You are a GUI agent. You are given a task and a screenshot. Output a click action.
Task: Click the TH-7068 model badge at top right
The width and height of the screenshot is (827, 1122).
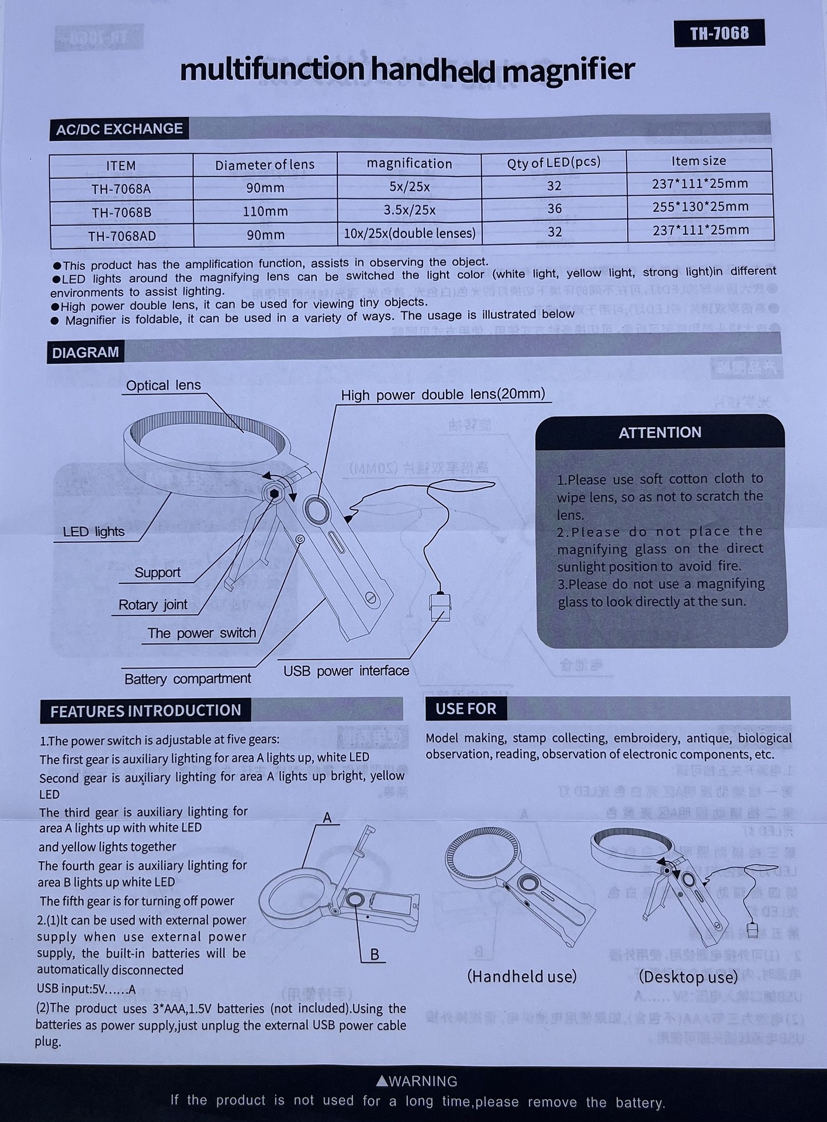719,33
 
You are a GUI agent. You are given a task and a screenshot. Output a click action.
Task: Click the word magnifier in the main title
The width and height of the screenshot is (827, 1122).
568,71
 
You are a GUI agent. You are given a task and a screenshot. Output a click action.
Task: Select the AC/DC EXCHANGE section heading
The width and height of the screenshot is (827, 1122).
119,129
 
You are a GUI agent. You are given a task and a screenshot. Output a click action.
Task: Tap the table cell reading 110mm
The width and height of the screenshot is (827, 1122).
265,211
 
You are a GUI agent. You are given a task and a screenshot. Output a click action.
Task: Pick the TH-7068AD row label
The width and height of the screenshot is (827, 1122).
122,236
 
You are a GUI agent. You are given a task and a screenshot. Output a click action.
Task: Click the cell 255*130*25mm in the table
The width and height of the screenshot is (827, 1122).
700,207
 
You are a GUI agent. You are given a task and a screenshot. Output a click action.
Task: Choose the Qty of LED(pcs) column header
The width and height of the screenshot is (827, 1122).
553,162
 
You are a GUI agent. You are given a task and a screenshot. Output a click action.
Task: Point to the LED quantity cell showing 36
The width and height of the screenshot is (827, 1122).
554,209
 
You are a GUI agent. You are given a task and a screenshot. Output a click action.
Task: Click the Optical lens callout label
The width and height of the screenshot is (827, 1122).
163,386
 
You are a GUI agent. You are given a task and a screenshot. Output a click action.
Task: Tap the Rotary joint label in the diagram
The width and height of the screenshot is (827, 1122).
153,605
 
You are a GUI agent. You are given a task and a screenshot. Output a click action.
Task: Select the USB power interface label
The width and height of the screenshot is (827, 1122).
346,671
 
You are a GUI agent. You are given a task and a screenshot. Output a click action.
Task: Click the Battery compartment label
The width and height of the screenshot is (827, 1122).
188,679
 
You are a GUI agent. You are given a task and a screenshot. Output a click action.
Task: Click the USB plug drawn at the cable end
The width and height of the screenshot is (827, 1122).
440,607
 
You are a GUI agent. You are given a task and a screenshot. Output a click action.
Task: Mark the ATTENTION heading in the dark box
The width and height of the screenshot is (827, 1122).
660,432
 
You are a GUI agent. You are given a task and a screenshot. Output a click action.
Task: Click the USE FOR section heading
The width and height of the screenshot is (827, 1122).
466,709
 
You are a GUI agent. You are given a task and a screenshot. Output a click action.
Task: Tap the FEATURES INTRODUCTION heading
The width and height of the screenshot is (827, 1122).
146,711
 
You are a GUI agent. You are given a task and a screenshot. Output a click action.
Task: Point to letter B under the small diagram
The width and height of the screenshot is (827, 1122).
375,954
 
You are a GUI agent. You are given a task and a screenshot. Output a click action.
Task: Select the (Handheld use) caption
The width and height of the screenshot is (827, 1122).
522,976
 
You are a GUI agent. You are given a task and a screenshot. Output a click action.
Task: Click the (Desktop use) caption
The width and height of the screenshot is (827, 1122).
688,977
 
